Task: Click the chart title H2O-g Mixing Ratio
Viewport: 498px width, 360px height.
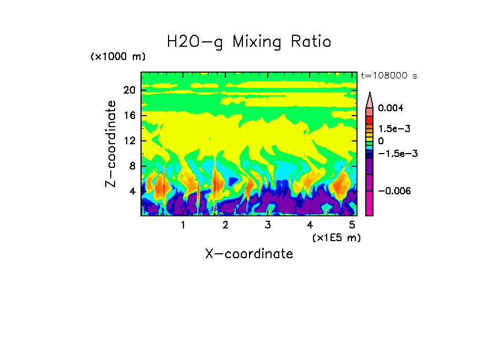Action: pos(249,42)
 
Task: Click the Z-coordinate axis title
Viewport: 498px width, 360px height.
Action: pos(111,144)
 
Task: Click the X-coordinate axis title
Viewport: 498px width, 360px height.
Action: pos(249,254)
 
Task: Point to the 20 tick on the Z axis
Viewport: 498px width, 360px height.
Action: pos(129,90)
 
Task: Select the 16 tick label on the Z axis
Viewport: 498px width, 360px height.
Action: pos(129,116)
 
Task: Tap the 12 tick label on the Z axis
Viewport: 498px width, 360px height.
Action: pos(129,141)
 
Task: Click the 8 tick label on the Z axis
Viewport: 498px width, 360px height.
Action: pos(132,166)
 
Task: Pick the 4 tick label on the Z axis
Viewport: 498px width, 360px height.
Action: pos(132,191)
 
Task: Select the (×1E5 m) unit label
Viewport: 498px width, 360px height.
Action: pos(337,237)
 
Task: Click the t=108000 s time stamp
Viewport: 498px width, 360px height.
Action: pos(389,75)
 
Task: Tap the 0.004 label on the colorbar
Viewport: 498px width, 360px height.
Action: pos(390,108)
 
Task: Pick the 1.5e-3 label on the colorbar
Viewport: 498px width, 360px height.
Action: pos(391,128)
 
